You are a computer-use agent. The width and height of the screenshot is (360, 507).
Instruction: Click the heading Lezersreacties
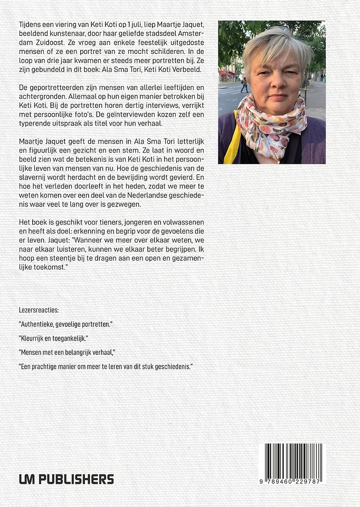pos(39,310)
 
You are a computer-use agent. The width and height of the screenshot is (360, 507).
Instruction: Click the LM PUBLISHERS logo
pos(67,479)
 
